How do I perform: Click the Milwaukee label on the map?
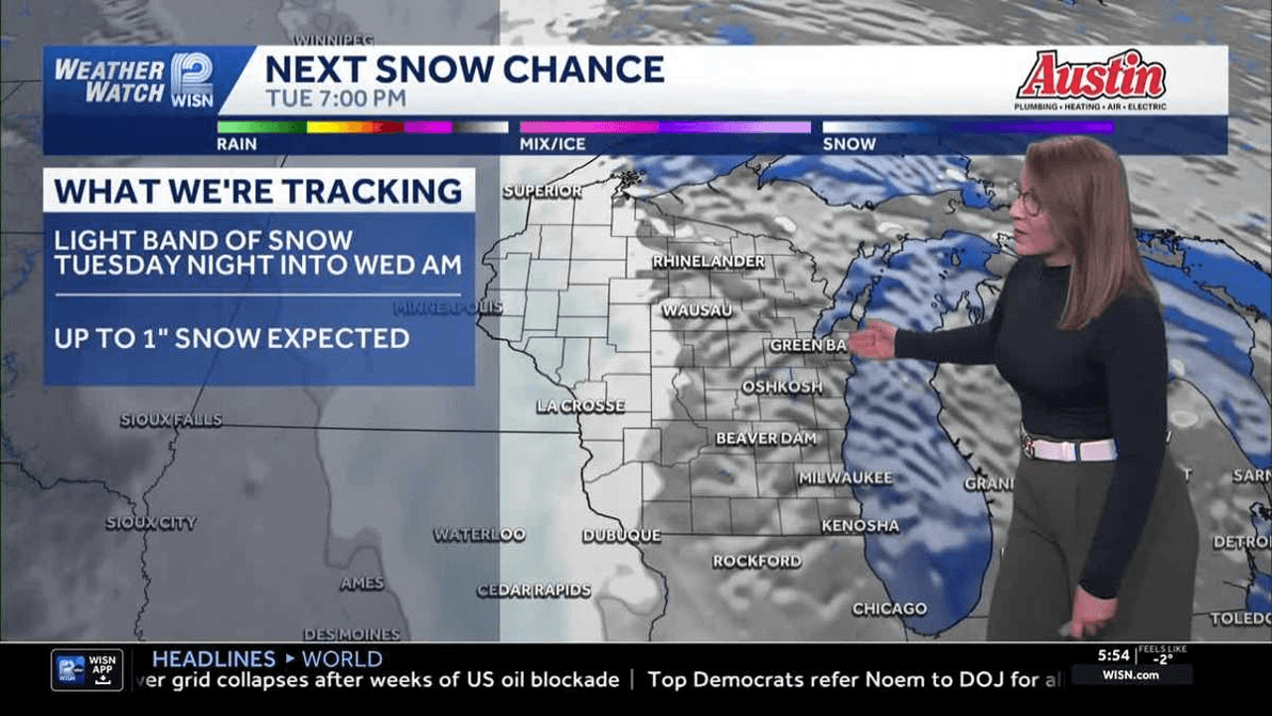click(845, 478)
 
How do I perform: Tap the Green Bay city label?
click(808, 346)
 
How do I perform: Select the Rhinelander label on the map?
click(709, 262)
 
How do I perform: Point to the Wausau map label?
click(697, 310)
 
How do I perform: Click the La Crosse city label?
click(580, 406)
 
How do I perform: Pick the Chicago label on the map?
click(889, 609)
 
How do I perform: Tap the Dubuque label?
click(621, 535)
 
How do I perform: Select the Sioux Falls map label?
click(171, 421)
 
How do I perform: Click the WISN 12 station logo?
click(192, 80)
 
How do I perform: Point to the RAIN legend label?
click(237, 144)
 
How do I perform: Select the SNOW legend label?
click(849, 144)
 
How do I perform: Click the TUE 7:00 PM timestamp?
click(335, 98)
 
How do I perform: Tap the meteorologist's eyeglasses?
click(1028, 202)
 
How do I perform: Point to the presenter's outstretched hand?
click(874, 340)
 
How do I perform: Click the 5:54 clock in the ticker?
click(1113, 655)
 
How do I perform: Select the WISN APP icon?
click(86, 669)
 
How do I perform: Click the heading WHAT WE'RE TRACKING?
click(258, 190)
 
